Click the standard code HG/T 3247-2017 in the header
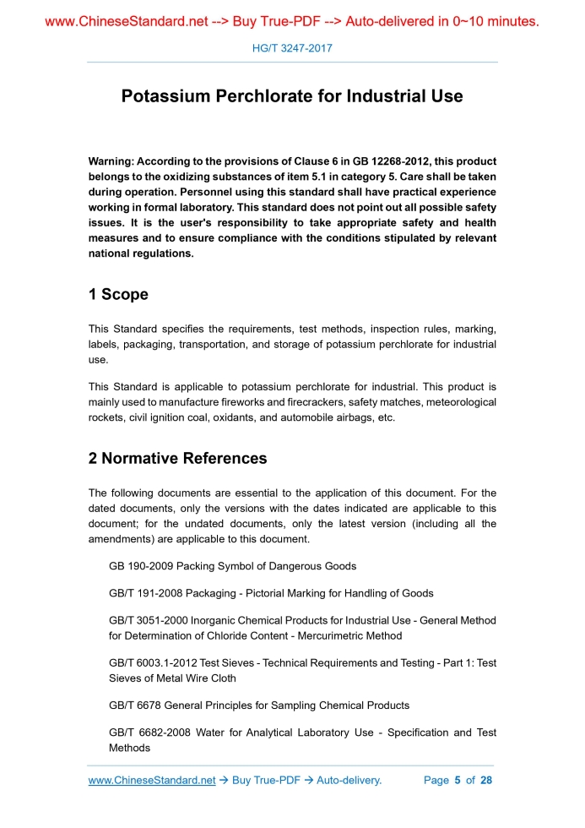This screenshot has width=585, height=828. (x=292, y=48)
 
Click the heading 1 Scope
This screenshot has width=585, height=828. (x=118, y=294)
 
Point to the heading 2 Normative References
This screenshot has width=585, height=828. (x=177, y=459)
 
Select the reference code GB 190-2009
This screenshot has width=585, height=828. (x=141, y=566)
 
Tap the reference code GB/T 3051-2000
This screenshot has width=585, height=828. (x=152, y=621)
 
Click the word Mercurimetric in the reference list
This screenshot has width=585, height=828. (x=305, y=635)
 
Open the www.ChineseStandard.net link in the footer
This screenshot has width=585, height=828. (x=152, y=780)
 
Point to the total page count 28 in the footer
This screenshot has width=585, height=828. (x=485, y=780)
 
